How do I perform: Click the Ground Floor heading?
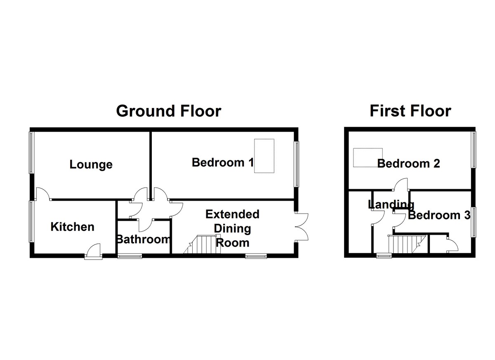pos(169,111)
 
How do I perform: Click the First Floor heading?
pos(410,111)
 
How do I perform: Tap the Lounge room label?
pos(91,164)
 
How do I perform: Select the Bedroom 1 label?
pos(222,162)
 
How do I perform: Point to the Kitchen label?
pos(73,227)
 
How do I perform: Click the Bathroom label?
pos(144,239)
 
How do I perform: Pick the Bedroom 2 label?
pos(409,164)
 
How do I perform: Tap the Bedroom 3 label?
pos(439,215)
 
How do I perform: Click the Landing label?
pos(391,205)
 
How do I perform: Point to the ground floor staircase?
pos(202,244)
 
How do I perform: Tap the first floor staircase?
pos(407,244)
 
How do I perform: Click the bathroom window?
pos(130,256)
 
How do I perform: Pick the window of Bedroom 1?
pos(296,164)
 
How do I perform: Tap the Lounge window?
pos(32,153)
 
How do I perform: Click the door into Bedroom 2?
pos(401,184)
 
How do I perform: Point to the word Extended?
pos(233,214)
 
